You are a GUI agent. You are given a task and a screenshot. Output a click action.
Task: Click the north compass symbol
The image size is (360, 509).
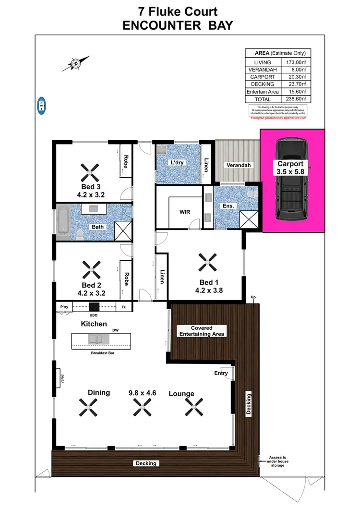point(76,62)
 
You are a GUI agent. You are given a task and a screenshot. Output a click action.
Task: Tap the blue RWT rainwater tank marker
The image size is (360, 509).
point(42,105)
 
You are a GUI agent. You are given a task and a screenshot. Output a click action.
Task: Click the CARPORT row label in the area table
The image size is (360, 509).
point(262,77)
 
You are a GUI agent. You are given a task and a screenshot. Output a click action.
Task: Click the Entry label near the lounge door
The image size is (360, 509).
point(221,373)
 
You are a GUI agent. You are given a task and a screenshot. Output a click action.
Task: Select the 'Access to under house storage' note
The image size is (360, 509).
point(277,461)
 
